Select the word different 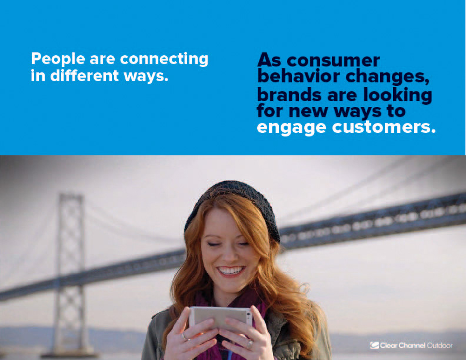(x=85, y=75)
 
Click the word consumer (x=333, y=61)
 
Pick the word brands (x=289, y=95)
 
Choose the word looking (x=398, y=95)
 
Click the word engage (x=292, y=128)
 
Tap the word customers (x=384, y=127)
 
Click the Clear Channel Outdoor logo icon (x=374, y=345)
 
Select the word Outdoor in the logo (x=440, y=345)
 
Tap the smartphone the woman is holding (x=221, y=317)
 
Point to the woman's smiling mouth (x=231, y=271)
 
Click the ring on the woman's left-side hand (x=185, y=336)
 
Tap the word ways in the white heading (x=146, y=76)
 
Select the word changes (x=388, y=76)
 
